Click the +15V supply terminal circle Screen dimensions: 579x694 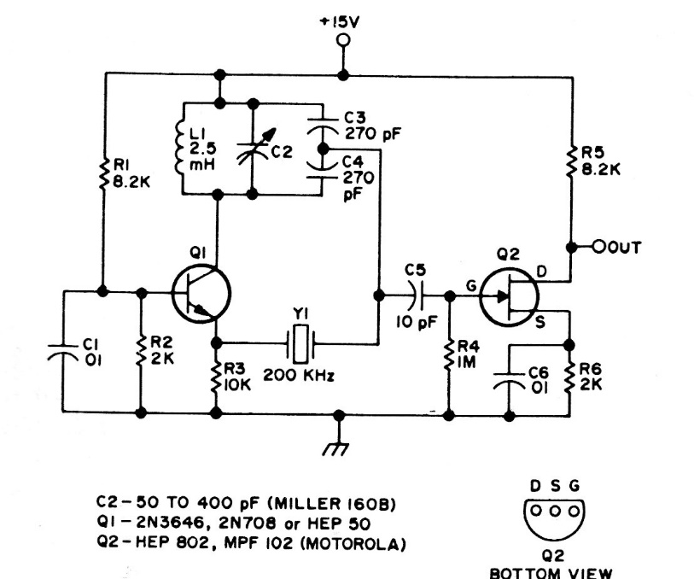click(x=343, y=40)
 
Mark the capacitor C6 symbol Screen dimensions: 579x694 click(x=510, y=381)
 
